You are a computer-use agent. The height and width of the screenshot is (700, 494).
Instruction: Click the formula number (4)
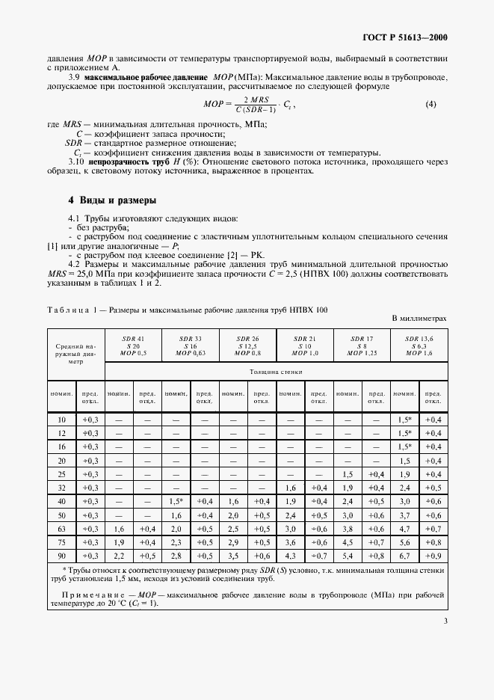(x=431, y=105)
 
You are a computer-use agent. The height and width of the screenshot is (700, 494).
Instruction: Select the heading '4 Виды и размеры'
(x=112, y=200)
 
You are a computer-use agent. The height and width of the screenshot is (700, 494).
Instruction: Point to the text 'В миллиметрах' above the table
(x=419, y=319)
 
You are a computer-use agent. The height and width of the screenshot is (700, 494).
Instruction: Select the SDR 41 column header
(x=133, y=346)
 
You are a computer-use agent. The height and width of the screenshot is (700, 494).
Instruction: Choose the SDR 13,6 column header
(x=419, y=346)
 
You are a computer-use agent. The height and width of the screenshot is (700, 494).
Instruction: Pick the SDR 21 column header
(x=304, y=346)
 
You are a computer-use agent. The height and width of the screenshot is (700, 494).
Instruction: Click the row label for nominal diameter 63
(x=62, y=529)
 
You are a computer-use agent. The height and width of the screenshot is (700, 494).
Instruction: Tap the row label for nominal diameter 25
(x=62, y=474)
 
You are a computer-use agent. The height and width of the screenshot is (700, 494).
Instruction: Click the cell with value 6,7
(x=404, y=556)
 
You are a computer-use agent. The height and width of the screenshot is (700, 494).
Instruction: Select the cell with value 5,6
(x=404, y=542)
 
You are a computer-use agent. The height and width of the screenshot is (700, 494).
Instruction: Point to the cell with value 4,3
(x=290, y=556)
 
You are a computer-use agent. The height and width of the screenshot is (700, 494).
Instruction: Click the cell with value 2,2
(x=119, y=556)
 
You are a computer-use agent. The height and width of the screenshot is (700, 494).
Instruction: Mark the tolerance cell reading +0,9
(x=433, y=556)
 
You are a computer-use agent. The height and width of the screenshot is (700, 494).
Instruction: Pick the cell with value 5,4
(x=347, y=556)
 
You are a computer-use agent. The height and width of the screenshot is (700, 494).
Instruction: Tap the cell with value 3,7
(x=404, y=515)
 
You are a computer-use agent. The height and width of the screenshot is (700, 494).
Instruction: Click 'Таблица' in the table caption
(x=68, y=310)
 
